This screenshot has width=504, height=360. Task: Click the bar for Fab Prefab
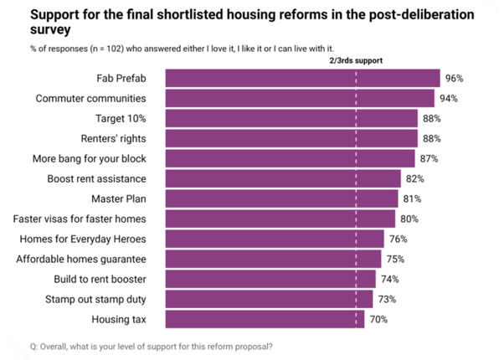tap(302, 79)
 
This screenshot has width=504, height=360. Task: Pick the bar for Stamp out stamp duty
tap(269, 299)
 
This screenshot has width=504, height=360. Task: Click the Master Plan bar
tap(281, 198)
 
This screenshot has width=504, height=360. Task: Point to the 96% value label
tap(455, 79)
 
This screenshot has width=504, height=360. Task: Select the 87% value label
tap(428, 159)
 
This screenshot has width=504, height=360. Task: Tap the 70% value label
tap(379, 319)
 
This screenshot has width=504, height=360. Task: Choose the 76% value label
tap(397, 239)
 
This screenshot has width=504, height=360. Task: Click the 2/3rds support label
tap(355, 60)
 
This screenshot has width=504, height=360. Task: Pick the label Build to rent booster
tap(102, 279)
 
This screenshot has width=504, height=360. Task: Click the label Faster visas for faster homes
tap(80, 219)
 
